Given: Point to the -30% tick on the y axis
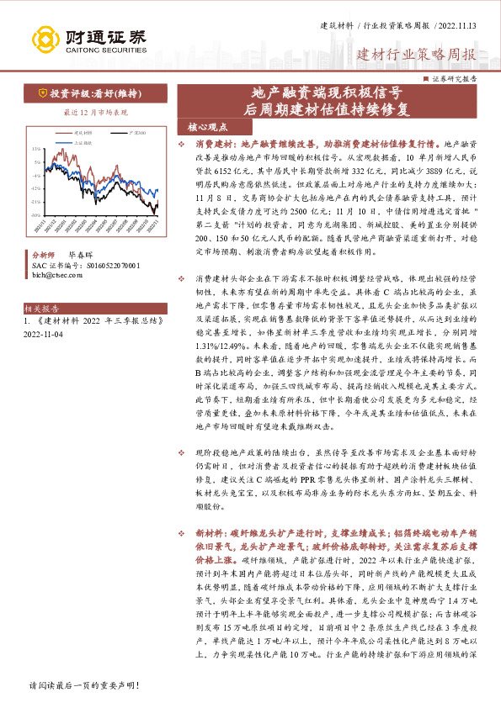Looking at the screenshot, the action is click(35, 215).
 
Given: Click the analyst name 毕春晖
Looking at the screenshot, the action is click(80, 252).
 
